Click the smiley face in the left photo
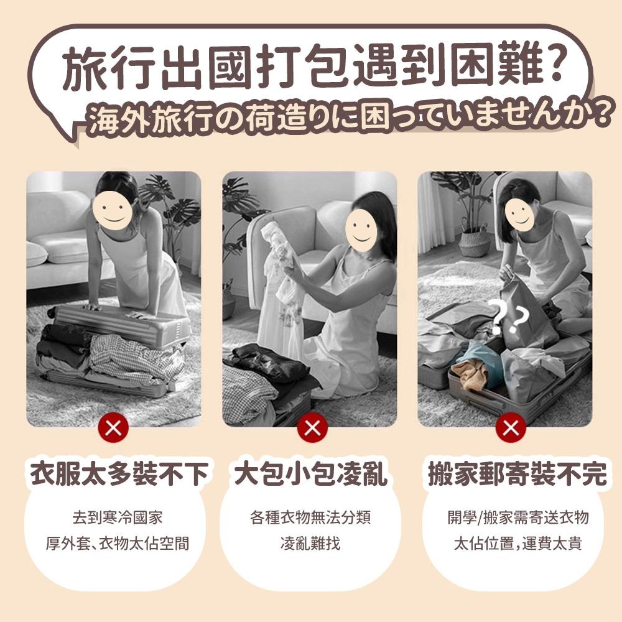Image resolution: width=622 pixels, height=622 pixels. pos(113,211)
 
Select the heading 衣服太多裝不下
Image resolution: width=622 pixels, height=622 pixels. pos(119,475)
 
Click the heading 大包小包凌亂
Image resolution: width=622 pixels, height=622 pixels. pos(311,475)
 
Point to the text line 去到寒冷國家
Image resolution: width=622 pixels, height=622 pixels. pos(118,518)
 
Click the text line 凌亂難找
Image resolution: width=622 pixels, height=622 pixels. pos(310,544)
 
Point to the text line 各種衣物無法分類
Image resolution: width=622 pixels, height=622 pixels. pos(310,518)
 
